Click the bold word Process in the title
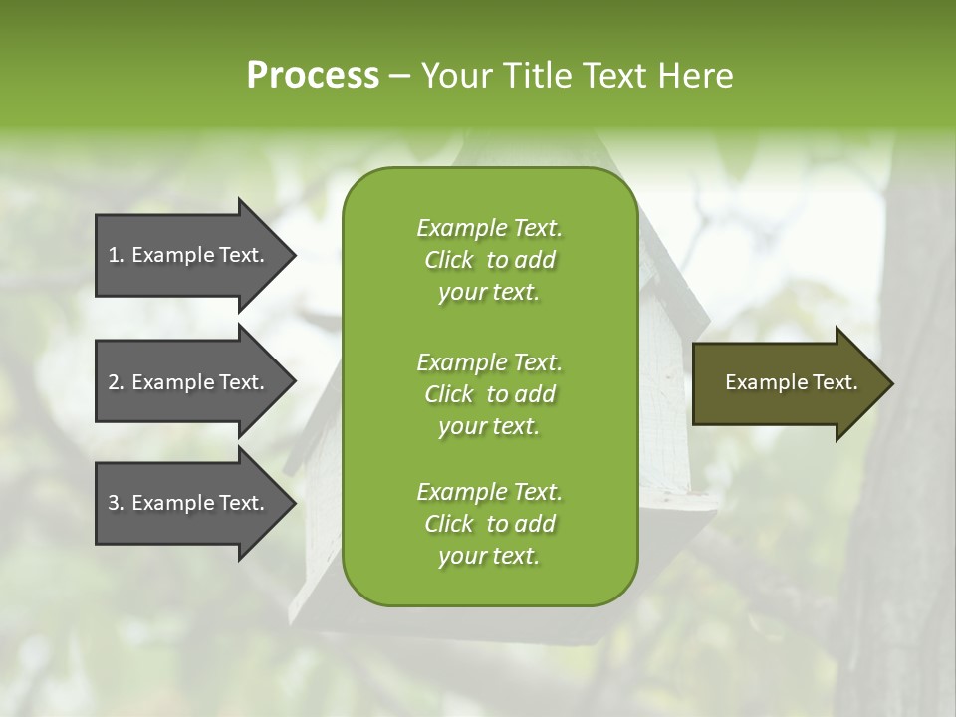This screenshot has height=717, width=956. (x=313, y=76)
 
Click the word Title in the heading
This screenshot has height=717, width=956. (x=537, y=76)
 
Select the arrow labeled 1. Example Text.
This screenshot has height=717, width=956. (x=186, y=255)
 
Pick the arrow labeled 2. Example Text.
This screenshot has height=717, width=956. (x=186, y=382)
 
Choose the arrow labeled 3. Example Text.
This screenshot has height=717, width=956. (x=186, y=503)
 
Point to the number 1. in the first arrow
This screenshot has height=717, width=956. (x=116, y=255)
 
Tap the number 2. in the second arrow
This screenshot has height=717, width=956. (x=116, y=382)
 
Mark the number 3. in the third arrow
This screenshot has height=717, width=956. (x=116, y=503)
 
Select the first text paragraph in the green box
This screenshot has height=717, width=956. (x=489, y=260)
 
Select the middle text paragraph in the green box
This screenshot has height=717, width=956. (x=489, y=393)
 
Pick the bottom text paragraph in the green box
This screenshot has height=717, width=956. (x=489, y=524)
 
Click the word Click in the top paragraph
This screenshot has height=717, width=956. (x=448, y=260)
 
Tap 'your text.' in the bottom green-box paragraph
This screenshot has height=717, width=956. (x=489, y=556)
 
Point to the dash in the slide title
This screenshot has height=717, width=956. (x=399, y=77)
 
